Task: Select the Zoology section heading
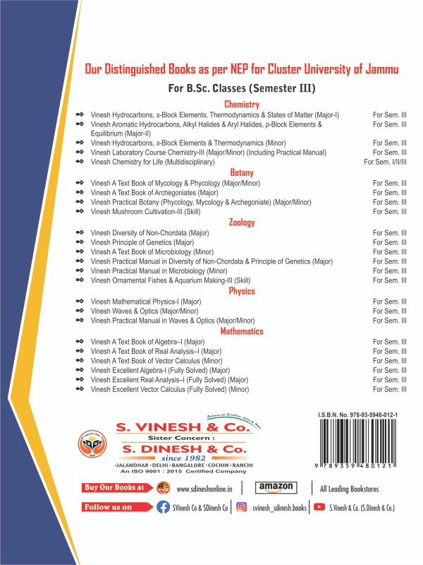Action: (x=241, y=222)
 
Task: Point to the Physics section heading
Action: (x=241, y=291)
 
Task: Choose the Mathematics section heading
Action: (x=241, y=331)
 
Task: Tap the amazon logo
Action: (x=275, y=487)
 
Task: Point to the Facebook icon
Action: (x=163, y=507)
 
